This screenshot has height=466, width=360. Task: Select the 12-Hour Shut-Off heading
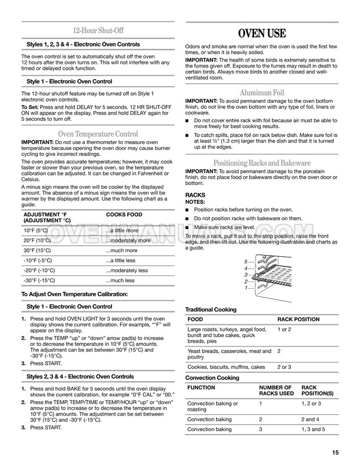click(x=98, y=31)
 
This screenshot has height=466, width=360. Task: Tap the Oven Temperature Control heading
click(x=98, y=134)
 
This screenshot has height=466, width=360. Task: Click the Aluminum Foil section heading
click(x=262, y=92)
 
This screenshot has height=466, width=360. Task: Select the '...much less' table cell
click(x=120, y=280)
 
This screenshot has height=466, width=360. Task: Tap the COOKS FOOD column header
click(x=124, y=214)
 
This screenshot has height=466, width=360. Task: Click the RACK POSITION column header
click(x=298, y=319)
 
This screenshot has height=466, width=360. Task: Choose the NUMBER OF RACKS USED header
click(x=275, y=390)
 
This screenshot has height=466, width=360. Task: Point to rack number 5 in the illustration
click(x=246, y=261)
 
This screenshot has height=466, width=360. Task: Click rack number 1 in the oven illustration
click(x=246, y=288)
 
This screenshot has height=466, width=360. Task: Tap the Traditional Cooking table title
click(x=211, y=309)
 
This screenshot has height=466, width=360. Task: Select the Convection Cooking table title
click(x=211, y=378)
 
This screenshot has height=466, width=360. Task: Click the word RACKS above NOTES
click(x=195, y=195)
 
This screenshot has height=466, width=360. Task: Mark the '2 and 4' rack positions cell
click(x=311, y=419)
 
